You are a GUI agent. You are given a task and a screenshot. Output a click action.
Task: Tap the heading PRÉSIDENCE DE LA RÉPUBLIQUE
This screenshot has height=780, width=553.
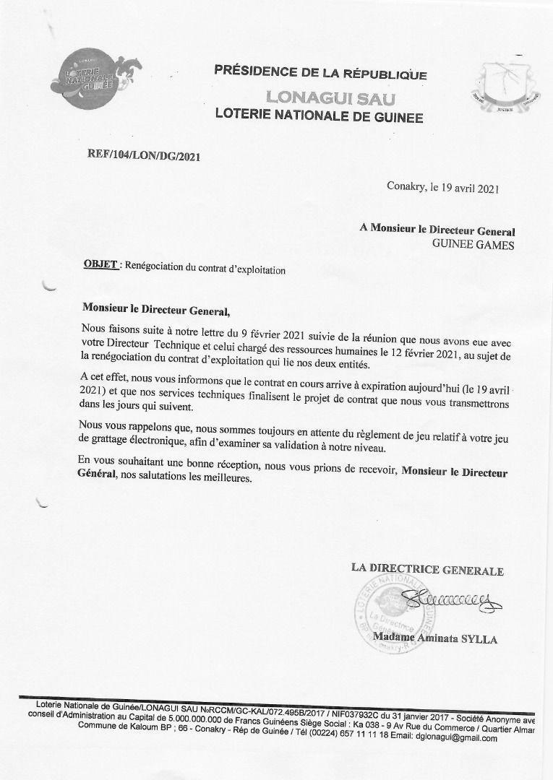click(x=320, y=73)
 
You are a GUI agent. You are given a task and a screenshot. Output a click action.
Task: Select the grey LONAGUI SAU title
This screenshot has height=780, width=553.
click(x=320, y=96)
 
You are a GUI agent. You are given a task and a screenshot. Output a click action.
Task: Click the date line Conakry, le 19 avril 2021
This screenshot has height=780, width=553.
click(x=442, y=188)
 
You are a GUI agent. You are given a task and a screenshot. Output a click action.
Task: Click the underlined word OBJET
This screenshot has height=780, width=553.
click(x=100, y=265)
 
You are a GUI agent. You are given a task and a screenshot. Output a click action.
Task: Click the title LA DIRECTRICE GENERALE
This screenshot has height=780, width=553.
click(x=427, y=570)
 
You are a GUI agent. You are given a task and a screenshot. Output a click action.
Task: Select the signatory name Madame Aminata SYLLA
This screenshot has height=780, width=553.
click(x=435, y=638)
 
